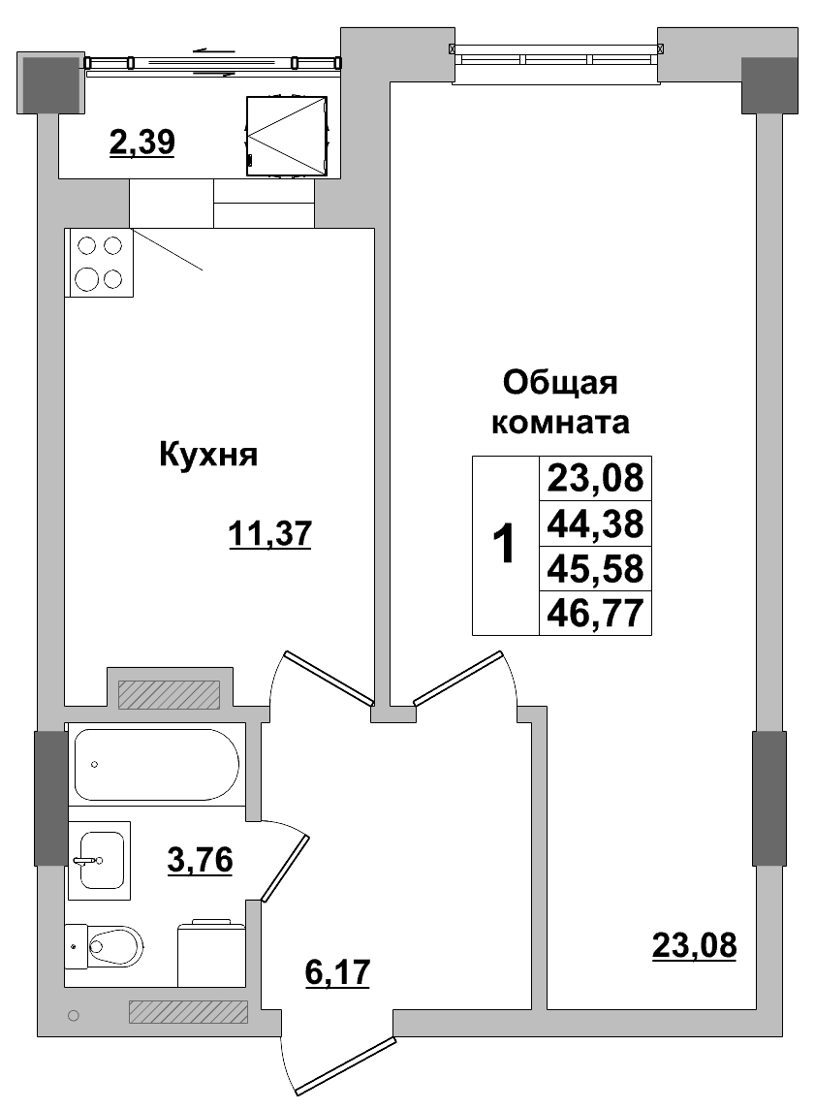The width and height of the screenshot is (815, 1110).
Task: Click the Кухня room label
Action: pos(207,455)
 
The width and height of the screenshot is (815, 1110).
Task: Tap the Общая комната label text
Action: pos(560,402)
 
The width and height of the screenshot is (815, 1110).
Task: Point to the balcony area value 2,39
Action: pos(141,143)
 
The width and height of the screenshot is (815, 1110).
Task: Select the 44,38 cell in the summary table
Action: pos(595,523)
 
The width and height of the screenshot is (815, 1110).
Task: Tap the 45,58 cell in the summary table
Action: pos(595,568)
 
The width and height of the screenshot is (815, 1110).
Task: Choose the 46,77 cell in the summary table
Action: pos(595,613)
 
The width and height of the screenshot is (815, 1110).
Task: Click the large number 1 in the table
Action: pos(505,545)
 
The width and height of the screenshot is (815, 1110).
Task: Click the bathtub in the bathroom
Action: pos(155,764)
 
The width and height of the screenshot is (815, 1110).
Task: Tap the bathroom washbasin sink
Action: pos(100,859)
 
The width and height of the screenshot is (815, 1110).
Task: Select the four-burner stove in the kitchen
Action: pos(99,263)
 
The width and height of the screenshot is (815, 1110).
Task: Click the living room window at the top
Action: pos(556,56)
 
